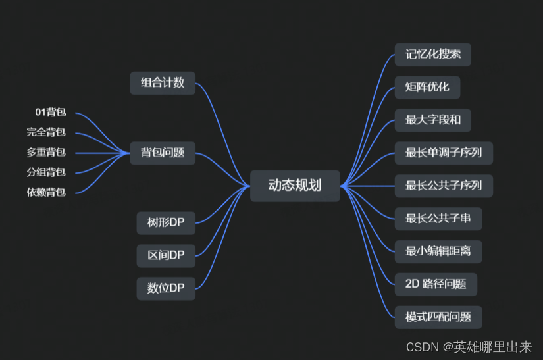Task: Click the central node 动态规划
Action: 295,186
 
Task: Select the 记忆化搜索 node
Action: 432,55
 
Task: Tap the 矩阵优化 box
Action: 427,88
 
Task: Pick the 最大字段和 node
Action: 432,120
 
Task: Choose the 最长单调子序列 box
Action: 444,153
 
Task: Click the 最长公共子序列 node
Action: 444,186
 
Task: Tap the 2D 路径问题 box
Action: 436,284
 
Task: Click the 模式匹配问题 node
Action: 438,317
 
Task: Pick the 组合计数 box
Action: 163,83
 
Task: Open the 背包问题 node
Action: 163,153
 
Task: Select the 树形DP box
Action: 166,222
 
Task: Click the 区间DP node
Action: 166,255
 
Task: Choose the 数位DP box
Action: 166,288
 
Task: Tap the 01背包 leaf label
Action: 51,113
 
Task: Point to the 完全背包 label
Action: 46,132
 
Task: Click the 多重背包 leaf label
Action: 46,153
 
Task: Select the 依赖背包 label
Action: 46,193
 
